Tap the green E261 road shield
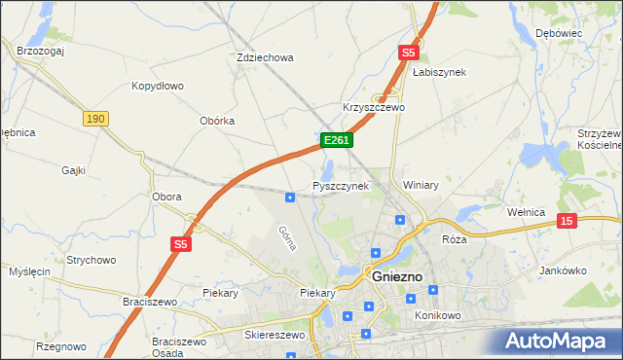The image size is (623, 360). pos(336,141)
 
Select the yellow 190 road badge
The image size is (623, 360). pos(94,118)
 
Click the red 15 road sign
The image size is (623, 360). pos(568,222)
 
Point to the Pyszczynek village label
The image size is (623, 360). pos(340,185)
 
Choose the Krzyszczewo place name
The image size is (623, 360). pos(373,107)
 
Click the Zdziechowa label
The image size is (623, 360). pos(265,57)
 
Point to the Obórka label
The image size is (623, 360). pos(217,121)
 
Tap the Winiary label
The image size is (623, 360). pos(421,184)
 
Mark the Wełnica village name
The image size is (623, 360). pos(530,210)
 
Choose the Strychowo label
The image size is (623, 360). pos(92,260)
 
